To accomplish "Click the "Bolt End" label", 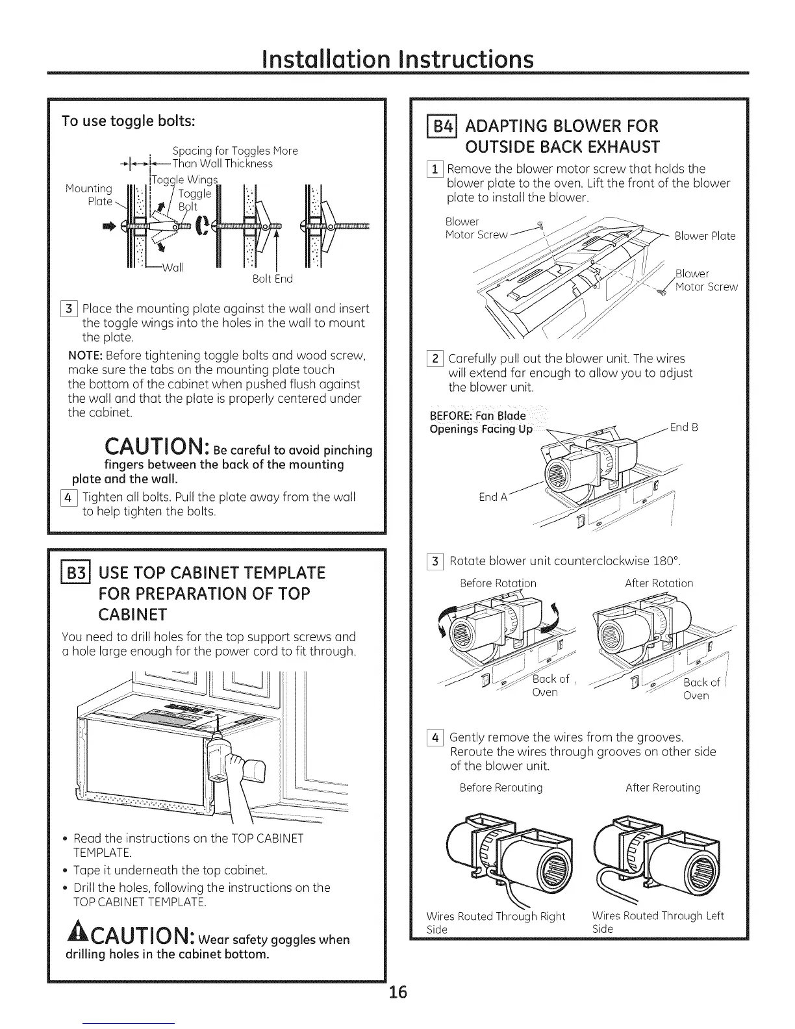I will pos(272,279).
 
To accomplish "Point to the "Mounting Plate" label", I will pos(90,195).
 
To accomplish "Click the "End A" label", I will pos(493,497).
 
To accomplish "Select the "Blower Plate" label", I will pos(705,236).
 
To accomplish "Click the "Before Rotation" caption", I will pos(498,583).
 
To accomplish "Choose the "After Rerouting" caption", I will pos(662,788).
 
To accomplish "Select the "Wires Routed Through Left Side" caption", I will pos(657,922).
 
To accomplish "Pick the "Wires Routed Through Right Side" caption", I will pos(496,922).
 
